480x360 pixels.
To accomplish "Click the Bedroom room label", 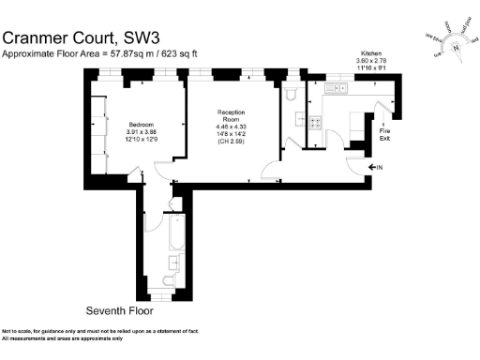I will [x=142, y=123].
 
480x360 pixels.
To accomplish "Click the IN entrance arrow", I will [x=379, y=168].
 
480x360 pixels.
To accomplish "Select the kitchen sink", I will [x=336, y=89].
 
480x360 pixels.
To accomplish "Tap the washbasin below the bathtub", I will [x=174, y=267].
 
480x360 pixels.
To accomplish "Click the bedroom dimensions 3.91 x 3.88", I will [x=142, y=131].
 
